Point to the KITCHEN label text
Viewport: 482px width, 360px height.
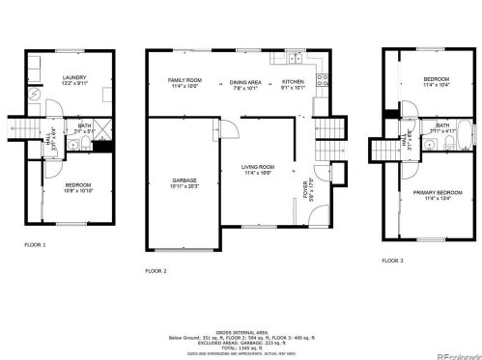[x=293, y=83]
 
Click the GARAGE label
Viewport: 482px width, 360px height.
[x=184, y=180]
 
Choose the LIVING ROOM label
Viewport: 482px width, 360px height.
[x=258, y=168]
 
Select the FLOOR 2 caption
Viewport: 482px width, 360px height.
[x=156, y=271]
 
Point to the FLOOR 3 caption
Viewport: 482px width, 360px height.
[x=392, y=261]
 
